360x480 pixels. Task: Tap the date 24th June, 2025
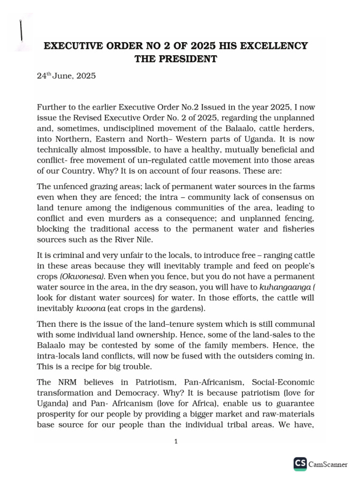coord(66,75)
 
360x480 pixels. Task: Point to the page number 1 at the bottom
coord(176,441)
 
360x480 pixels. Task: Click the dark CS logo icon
coord(300,464)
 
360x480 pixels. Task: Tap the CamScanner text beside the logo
coord(328,465)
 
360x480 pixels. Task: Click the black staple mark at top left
coord(21,31)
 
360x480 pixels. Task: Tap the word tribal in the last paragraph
coord(276,425)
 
